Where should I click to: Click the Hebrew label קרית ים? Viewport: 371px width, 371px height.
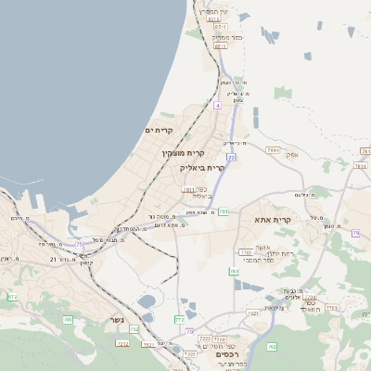click(x=160, y=131)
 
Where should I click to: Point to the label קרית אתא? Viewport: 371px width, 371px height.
click(x=272, y=220)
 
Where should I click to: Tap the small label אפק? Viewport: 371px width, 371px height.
click(x=292, y=155)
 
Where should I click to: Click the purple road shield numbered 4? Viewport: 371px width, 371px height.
click(x=217, y=106)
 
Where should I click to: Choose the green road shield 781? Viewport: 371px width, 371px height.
click(x=224, y=211)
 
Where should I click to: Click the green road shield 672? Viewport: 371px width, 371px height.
click(x=12, y=297)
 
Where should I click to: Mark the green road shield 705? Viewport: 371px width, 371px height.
click(x=68, y=320)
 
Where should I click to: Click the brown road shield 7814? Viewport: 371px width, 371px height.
click(x=273, y=149)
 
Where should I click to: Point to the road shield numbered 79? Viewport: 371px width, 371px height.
click(x=355, y=233)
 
